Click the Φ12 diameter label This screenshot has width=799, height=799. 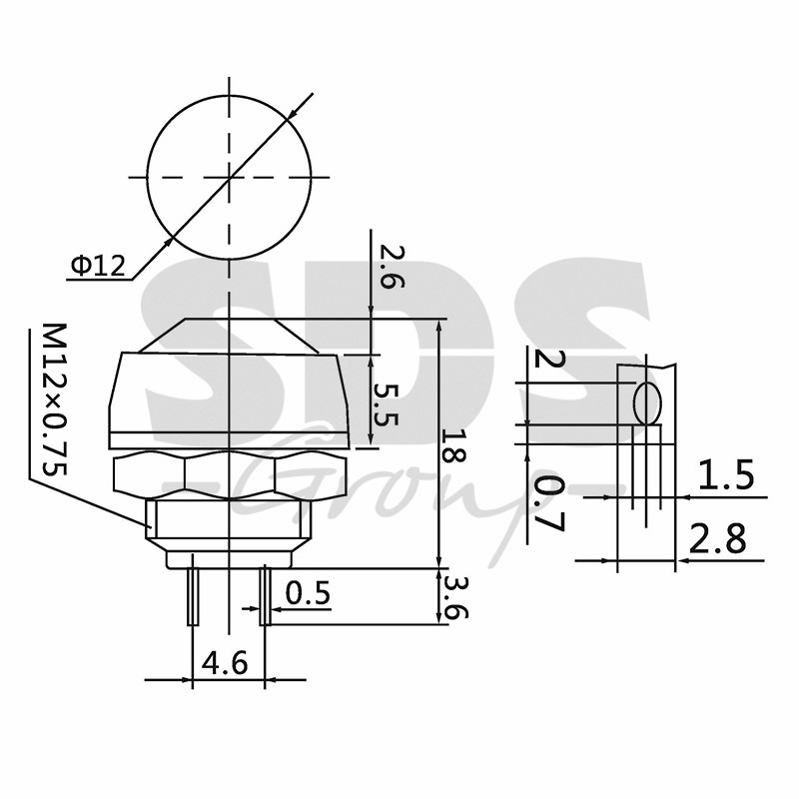(98, 265)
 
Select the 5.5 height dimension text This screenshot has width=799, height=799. (386, 404)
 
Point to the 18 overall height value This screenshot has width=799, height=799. (453, 445)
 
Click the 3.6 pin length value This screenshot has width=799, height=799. (455, 597)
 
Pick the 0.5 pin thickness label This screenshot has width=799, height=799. (308, 592)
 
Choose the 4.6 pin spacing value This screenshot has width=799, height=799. (225, 663)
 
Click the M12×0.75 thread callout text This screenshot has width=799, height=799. (54, 399)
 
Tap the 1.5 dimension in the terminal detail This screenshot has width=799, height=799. (725, 474)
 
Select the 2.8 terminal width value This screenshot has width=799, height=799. (717, 538)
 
